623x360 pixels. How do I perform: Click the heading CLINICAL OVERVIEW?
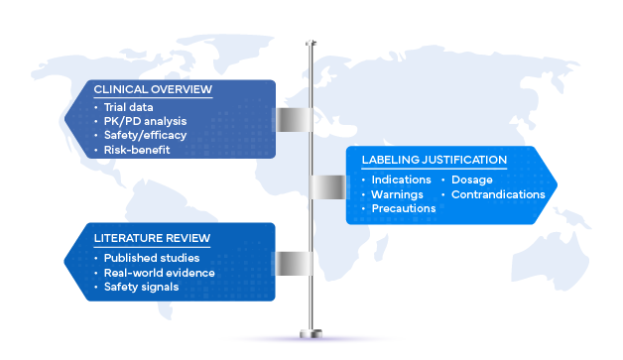153,89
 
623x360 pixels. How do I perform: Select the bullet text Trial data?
128,107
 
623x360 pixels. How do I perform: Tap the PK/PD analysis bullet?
145,121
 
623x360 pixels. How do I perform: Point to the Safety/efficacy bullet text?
145,136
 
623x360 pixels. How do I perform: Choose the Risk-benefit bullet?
137,150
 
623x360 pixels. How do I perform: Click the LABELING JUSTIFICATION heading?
435,160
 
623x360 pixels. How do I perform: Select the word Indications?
402,180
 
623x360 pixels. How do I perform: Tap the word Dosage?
472,180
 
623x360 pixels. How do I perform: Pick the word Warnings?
398,194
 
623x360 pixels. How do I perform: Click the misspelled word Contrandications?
498,194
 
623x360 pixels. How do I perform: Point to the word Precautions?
404,208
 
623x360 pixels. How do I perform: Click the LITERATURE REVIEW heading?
152,238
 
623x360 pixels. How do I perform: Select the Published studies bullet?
152,258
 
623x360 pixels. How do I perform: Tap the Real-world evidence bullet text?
160,273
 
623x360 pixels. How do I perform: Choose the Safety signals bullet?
142,287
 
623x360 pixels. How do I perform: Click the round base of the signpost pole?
311,334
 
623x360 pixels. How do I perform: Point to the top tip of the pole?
311,41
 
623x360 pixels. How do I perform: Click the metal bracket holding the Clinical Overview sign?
295,120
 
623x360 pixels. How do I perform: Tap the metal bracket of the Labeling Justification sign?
327,186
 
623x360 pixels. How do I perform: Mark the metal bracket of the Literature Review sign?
295,264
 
